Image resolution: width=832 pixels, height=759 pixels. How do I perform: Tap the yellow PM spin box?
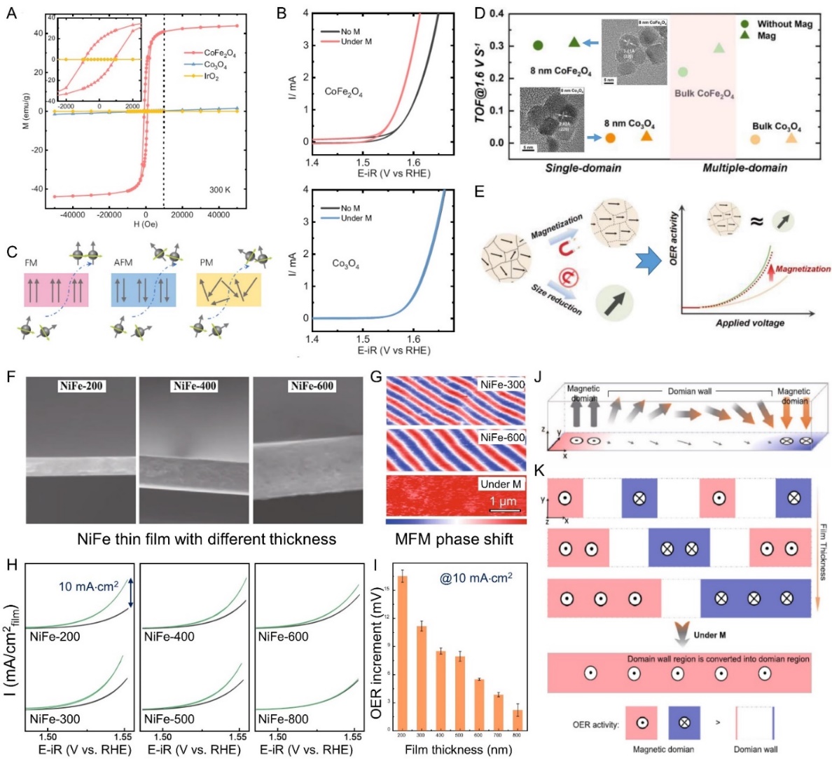click(x=228, y=289)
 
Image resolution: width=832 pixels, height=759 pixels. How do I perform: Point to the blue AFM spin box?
click(x=144, y=289)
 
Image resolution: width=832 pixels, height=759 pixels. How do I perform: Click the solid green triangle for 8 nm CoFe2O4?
click(x=574, y=43)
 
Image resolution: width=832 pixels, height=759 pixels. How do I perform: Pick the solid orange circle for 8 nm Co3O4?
click(x=610, y=138)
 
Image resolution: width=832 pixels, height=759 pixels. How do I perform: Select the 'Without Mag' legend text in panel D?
click(x=784, y=24)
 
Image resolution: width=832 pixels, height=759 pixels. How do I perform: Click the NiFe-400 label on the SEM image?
click(x=195, y=386)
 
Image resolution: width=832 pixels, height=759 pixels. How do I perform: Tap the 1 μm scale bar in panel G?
click(x=504, y=510)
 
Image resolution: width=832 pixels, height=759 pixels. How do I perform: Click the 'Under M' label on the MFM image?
click(x=500, y=484)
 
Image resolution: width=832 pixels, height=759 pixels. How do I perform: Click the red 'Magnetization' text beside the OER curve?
click(x=803, y=268)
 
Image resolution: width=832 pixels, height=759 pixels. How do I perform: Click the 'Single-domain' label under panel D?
click(x=582, y=167)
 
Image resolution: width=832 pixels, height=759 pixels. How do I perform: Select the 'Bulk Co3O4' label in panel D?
click(x=777, y=127)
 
